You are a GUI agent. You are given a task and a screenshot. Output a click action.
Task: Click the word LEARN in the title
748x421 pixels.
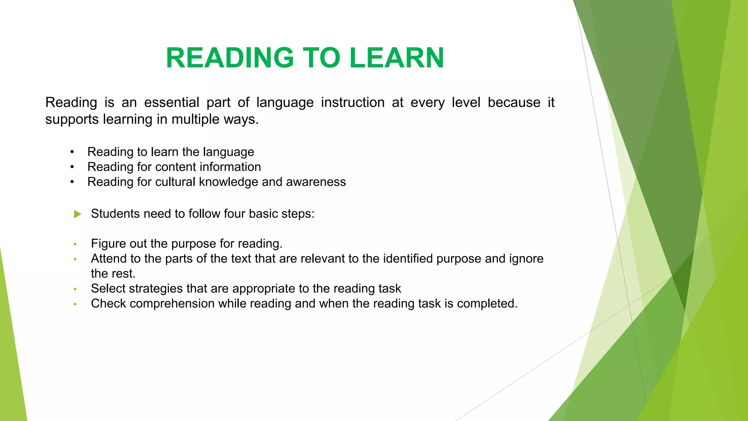pos(397,58)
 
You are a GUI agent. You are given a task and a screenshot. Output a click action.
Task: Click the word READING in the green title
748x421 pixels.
pos(230,58)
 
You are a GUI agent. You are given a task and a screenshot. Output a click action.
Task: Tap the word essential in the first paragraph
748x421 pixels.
pos(172,102)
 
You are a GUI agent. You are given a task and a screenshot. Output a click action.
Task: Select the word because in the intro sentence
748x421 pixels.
pos(514,102)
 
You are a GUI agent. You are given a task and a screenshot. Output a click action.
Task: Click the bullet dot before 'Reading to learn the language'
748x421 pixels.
pos(72,152)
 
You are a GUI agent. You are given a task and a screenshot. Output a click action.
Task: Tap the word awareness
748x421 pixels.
pos(316,182)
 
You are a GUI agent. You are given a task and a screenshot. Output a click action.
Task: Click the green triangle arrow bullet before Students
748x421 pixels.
pos(77,214)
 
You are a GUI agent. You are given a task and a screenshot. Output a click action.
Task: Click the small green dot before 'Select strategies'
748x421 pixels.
pos(75,289)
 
